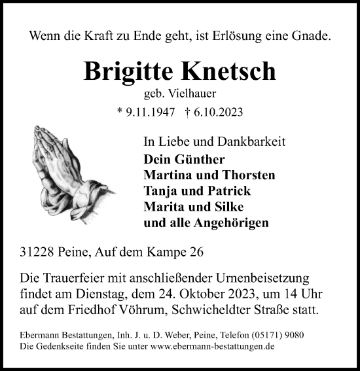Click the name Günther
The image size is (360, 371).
pyautogui.click(x=198, y=160)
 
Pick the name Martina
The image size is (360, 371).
pyautogui.click(x=168, y=175)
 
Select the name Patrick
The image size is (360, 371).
pyautogui.click(x=226, y=191)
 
